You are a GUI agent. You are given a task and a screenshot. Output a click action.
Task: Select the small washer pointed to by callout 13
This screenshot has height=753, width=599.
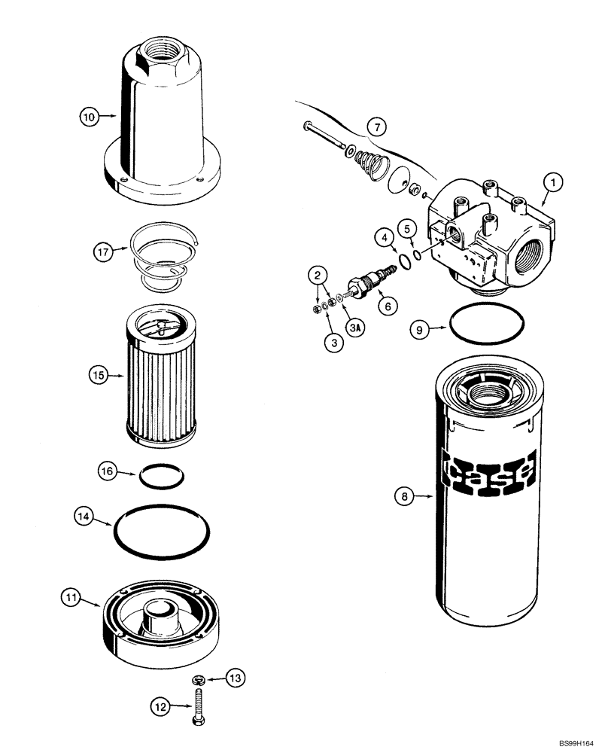(x=198, y=681)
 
